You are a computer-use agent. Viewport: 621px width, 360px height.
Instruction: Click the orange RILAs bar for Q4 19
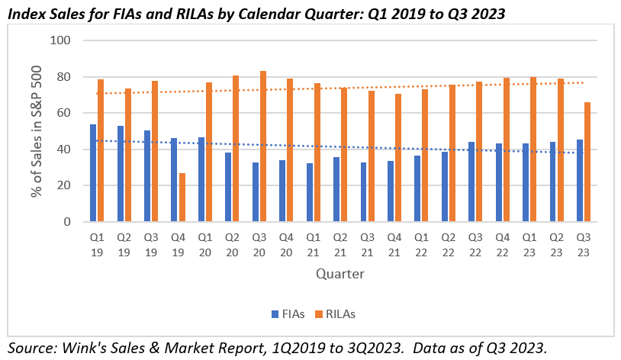182,198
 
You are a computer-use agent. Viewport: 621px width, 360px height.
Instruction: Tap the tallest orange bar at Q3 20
263,146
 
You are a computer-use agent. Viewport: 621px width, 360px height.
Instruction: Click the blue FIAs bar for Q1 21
309,192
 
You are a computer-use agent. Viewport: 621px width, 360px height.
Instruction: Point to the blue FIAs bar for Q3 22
471,182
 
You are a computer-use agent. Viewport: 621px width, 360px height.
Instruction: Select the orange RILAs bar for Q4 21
398,158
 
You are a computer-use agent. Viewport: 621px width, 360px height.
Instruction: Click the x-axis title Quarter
340,273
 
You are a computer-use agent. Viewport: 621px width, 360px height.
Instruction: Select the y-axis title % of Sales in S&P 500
36,130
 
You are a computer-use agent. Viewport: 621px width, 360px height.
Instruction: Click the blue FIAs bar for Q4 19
174,180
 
